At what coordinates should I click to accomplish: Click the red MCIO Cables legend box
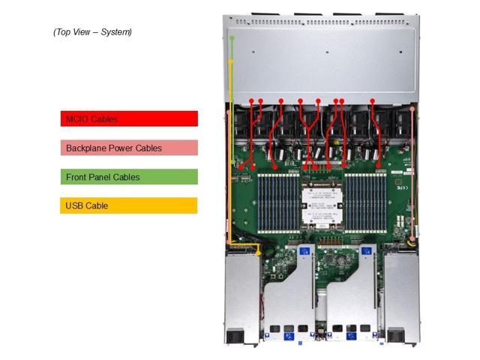[x=129, y=118]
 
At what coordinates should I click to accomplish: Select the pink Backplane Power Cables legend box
[x=129, y=148]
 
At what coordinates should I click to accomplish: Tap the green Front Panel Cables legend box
[x=129, y=177]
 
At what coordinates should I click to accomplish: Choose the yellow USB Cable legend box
[x=129, y=205]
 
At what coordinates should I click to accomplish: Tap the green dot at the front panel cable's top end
[x=232, y=37]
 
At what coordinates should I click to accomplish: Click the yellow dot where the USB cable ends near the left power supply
[x=258, y=253]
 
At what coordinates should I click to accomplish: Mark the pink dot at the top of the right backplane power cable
[x=412, y=108]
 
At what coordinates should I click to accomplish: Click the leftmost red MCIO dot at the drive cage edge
[x=251, y=100]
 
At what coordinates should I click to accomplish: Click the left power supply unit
[x=241, y=296]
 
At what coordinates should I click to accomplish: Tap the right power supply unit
[x=401, y=296]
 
